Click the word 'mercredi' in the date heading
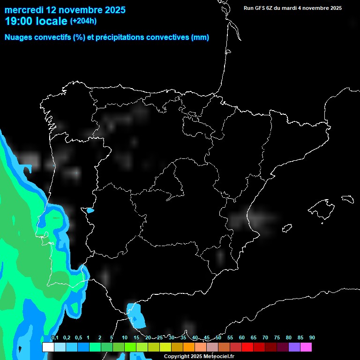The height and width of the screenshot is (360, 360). click(x=23, y=10)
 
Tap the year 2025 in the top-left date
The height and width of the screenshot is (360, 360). click(x=112, y=10)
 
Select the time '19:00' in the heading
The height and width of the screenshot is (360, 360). click(x=19, y=21)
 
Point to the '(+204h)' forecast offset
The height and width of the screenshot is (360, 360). click(x=83, y=21)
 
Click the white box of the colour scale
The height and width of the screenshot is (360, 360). click(x=48, y=347)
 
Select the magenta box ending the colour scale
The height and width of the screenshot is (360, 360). click(x=306, y=347)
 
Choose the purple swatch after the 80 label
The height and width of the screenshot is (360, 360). click(x=294, y=347)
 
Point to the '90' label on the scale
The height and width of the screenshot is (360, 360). click(x=312, y=337)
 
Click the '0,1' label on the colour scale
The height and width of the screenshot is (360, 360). click(x=55, y=337)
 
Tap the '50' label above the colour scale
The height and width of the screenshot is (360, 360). click(x=218, y=337)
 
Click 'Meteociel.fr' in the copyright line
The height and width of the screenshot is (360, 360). click(x=217, y=356)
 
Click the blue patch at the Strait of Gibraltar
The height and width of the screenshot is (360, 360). click(x=136, y=315)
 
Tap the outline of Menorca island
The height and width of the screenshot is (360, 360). click(x=347, y=199)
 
